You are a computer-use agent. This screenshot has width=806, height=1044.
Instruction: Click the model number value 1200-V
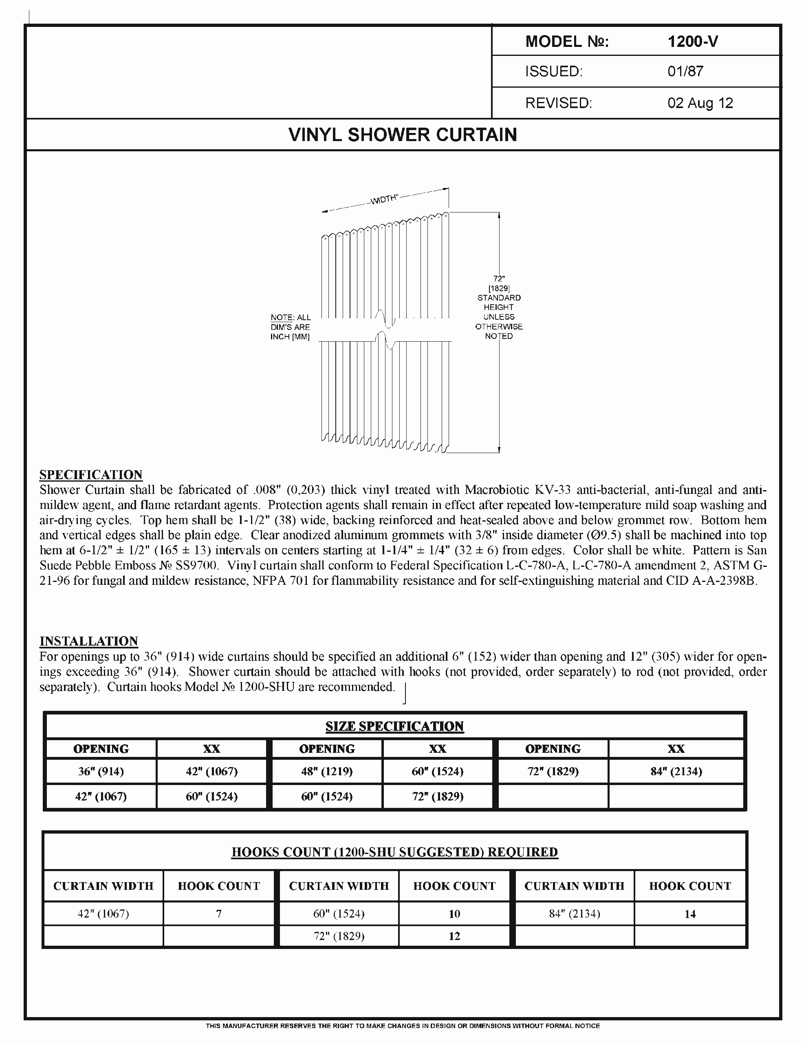click(692, 42)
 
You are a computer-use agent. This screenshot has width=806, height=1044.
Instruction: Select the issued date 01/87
click(685, 72)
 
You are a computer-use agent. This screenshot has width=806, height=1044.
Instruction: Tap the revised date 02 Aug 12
click(700, 103)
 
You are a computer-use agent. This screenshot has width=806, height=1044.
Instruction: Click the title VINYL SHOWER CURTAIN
click(403, 135)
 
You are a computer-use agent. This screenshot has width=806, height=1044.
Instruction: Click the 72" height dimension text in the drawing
click(499, 278)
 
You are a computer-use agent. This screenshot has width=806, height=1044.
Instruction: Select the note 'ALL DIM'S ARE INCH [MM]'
click(291, 327)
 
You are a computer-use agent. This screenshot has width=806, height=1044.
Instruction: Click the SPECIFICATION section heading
click(91, 475)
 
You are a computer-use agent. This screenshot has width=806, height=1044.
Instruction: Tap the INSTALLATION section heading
click(89, 641)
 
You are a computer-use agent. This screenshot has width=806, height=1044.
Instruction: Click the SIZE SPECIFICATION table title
click(394, 726)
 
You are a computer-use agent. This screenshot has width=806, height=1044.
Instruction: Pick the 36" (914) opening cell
click(101, 771)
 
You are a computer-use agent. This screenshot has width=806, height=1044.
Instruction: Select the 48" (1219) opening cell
click(327, 771)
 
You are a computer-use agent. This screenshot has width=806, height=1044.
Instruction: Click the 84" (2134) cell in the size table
click(676, 771)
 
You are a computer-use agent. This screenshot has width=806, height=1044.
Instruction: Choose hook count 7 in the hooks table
click(219, 914)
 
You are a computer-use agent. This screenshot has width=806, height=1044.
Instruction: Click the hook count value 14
click(690, 914)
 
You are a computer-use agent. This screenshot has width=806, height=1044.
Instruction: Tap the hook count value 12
click(454, 936)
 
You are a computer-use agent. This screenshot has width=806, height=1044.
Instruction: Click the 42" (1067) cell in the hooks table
click(103, 914)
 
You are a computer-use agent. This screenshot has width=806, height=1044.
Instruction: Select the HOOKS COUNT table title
click(394, 852)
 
